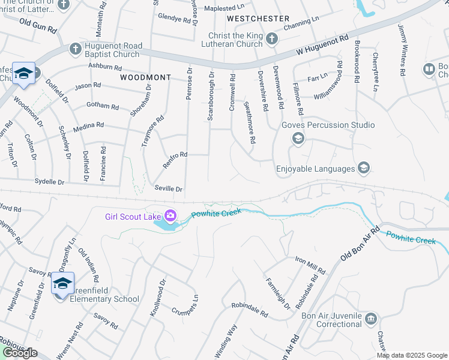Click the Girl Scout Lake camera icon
[170, 215]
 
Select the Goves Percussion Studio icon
[298, 139]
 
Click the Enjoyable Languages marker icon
[363, 169]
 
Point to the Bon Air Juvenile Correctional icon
[370, 317]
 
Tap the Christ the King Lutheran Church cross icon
[272, 40]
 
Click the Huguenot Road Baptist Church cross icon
[74, 49]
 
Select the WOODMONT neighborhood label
[145, 78]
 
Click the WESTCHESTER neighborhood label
[258, 19]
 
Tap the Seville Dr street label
[168, 188]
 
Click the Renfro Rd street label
[175, 158]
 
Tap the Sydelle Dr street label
[49, 181]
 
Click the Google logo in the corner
[20, 353]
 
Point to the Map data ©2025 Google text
[411, 355]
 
